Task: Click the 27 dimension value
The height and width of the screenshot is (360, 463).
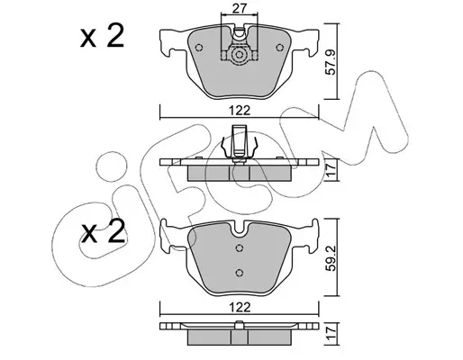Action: (x=240, y=8)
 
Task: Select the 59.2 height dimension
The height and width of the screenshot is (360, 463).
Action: (x=332, y=259)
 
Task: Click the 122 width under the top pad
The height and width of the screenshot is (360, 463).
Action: (x=240, y=111)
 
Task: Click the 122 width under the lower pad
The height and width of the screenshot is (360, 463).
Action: (x=240, y=307)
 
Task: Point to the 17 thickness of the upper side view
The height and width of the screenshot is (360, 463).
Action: (x=331, y=170)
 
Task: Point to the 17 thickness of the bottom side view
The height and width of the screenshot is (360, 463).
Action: (x=331, y=333)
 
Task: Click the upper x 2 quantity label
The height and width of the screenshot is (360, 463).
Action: (x=102, y=37)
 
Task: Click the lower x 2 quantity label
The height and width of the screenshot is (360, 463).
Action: (x=102, y=231)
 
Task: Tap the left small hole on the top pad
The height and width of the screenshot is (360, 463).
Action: (x=199, y=48)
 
